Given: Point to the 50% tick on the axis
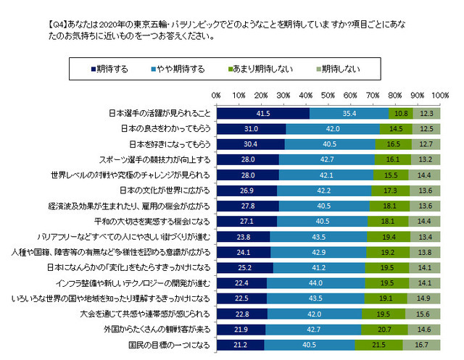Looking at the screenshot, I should point(328,96).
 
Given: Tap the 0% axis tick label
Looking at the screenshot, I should point(216,96).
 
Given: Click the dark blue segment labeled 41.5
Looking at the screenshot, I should point(262,114).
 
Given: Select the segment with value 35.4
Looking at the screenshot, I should point(349,114).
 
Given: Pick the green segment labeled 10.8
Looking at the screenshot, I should point(399,114).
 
